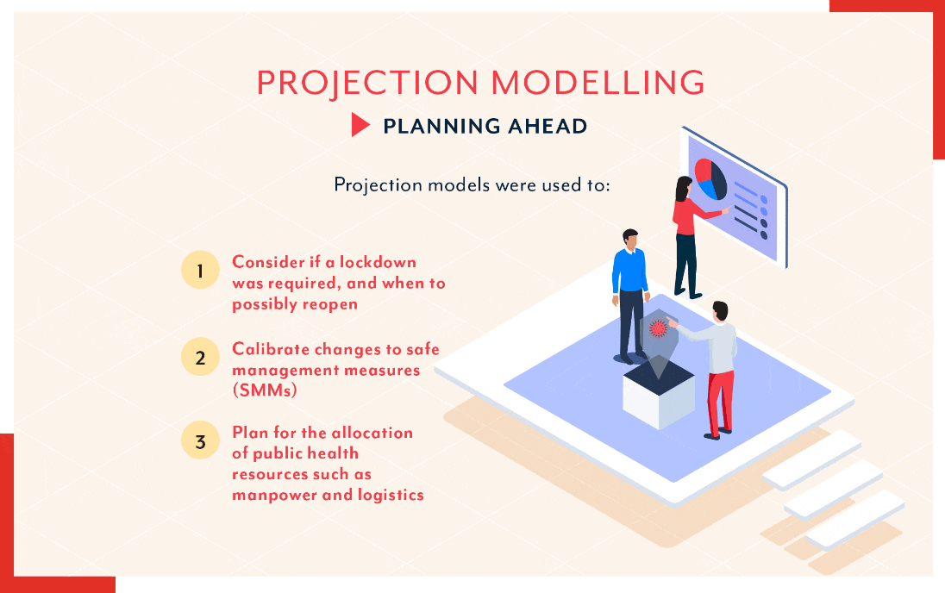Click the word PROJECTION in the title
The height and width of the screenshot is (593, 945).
tap(367, 83)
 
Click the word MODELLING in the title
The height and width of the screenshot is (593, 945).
tap(598, 82)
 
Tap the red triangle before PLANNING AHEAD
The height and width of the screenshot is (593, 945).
tap(360, 125)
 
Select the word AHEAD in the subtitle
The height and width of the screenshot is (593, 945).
tap(548, 126)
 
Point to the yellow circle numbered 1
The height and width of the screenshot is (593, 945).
tap(200, 270)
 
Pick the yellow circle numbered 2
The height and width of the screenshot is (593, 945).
tap(200, 358)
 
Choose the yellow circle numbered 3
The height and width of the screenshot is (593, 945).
tap(200, 440)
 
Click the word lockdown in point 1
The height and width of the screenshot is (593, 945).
tap(378, 262)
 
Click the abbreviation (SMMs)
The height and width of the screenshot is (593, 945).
tap(265, 390)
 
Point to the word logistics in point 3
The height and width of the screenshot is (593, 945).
tap(391, 496)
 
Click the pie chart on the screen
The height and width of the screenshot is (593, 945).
tap(710, 179)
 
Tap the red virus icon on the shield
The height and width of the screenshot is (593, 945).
tap(658, 328)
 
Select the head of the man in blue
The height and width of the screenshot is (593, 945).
tap(629, 239)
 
